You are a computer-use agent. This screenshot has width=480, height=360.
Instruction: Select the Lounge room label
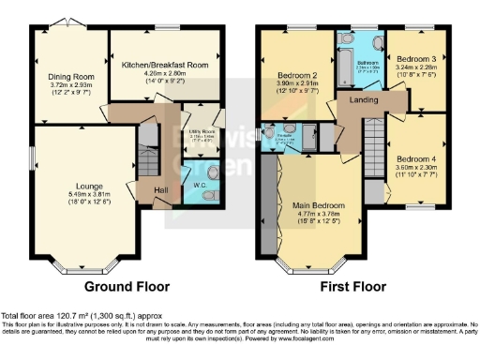71,186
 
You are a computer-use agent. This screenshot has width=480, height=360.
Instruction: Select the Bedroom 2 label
296,75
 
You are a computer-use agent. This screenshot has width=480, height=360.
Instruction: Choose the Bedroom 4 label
414,158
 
